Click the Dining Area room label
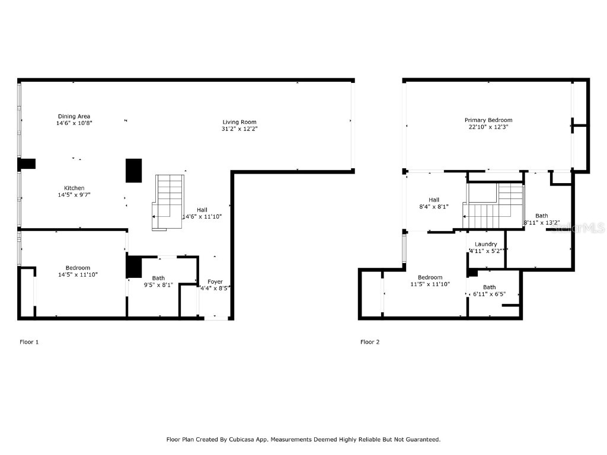click(x=74, y=116)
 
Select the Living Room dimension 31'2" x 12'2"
click(x=239, y=129)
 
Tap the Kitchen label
click(x=74, y=188)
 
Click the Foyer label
click(x=215, y=281)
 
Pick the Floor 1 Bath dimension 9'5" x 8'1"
click(x=158, y=284)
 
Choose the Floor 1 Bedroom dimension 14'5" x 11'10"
click(x=74, y=274)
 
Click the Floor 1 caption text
click(x=29, y=342)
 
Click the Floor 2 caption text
click(x=370, y=342)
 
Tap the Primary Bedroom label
click(x=488, y=120)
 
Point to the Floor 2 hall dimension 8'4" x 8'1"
click(x=434, y=207)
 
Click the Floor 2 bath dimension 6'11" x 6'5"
click(x=489, y=294)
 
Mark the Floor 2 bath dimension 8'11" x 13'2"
click(x=541, y=223)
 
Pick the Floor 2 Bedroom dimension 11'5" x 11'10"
click(x=430, y=284)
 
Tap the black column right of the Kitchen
click(x=134, y=171)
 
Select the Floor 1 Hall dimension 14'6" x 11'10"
click(x=202, y=217)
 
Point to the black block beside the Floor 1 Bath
click(x=134, y=267)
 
